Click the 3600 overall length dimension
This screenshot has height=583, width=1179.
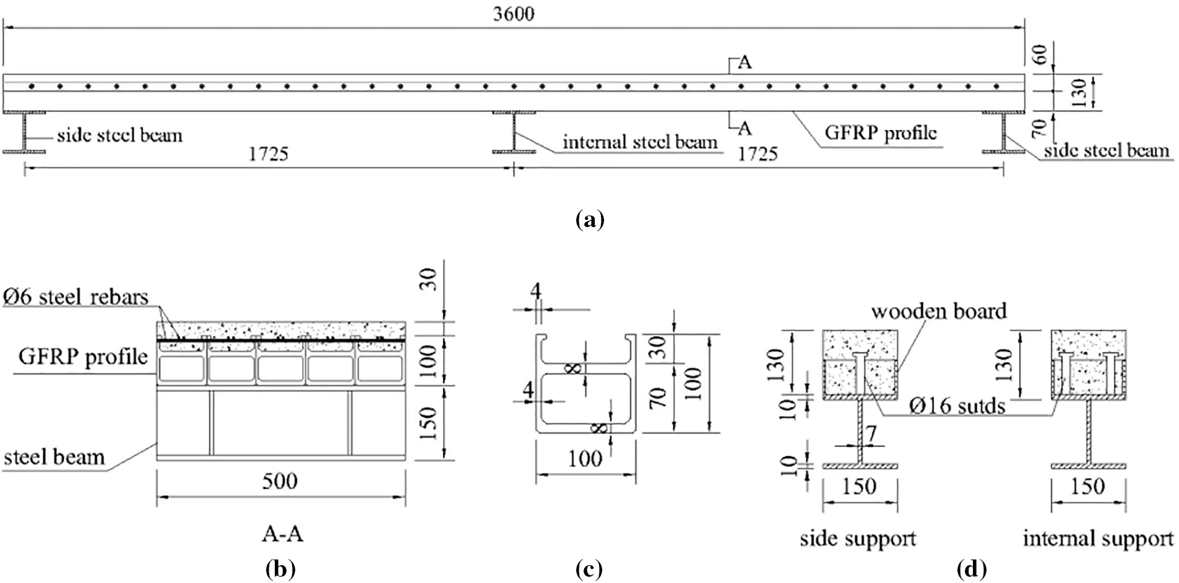click(x=513, y=14)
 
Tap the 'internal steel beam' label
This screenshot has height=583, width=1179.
click(x=640, y=142)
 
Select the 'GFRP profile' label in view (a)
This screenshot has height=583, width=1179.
click(x=881, y=132)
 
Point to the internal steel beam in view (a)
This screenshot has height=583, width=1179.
click(x=514, y=132)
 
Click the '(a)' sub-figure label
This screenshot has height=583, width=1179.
click(x=589, y=219)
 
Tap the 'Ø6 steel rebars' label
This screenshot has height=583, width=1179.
click(x=76, y=297)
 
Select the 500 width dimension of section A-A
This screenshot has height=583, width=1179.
click(x=280, y=481)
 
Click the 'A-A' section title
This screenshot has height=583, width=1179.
click(x=282, y=533)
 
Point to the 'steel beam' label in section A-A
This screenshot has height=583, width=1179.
click(x=54, y=457)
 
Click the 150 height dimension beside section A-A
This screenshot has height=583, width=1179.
click(x=429, y=423)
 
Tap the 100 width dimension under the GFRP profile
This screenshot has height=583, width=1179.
click(x=585, y=459)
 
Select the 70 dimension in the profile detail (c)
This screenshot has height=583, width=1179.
click(x=659, y=397)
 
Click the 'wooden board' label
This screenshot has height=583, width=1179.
click(x=939, y=311)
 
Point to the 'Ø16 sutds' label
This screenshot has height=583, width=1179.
click(x=957, y=406)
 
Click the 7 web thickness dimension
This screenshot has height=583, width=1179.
click(x=871, y=434)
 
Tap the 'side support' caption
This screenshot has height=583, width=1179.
click(x=858, y=538)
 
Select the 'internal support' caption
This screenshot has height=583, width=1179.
click(x=1098, y=538)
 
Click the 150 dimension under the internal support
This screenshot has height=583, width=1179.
click(x=1087, y=486)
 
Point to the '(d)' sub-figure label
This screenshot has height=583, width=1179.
click(x=972, y=569)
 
